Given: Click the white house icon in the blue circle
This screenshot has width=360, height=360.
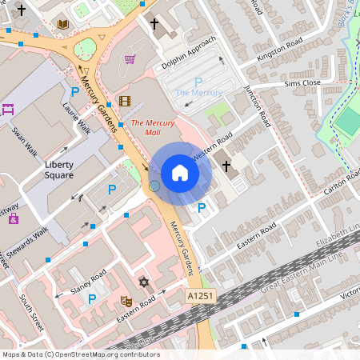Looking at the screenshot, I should pos(180,173).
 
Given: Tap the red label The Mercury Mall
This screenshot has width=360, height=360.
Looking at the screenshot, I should pos(154,127).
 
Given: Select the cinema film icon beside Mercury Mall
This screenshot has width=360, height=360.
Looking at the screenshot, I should pos(124,101).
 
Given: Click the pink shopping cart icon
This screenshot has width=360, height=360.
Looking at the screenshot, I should pos(130,58).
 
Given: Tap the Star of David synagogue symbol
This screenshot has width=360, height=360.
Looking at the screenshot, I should pos(144,282).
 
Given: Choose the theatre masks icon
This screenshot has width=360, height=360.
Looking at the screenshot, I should pos(126,301).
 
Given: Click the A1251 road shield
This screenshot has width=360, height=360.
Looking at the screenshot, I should pos(201,296).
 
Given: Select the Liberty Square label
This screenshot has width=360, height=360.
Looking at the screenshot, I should pos(58,170).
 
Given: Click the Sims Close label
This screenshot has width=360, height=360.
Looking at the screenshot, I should pos(302,82).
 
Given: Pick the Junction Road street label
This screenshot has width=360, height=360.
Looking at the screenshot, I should pos(258,102).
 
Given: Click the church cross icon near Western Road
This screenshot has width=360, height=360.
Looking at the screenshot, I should pos(226,166).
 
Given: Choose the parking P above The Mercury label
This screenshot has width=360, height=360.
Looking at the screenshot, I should pos(198,82).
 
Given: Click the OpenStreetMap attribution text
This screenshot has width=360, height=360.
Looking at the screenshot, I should pos(80,354).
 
